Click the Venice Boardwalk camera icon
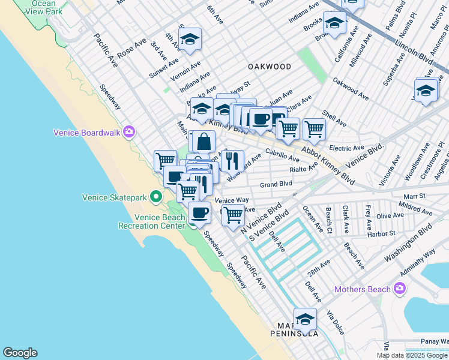tap(128, 132)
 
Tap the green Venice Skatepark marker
tap(156, 197)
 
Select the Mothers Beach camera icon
tap(400, 290)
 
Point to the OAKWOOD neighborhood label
tap(270, 67)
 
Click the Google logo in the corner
tap(20, 353)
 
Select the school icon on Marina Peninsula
tap(305, 319)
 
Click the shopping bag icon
tap(204, 142)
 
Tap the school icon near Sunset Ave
tap(190, 40)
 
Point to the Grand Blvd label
tap(277, 184)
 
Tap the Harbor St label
tap(383, 233)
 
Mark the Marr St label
tap(413, 196)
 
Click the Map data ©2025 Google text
tap(412, 355)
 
